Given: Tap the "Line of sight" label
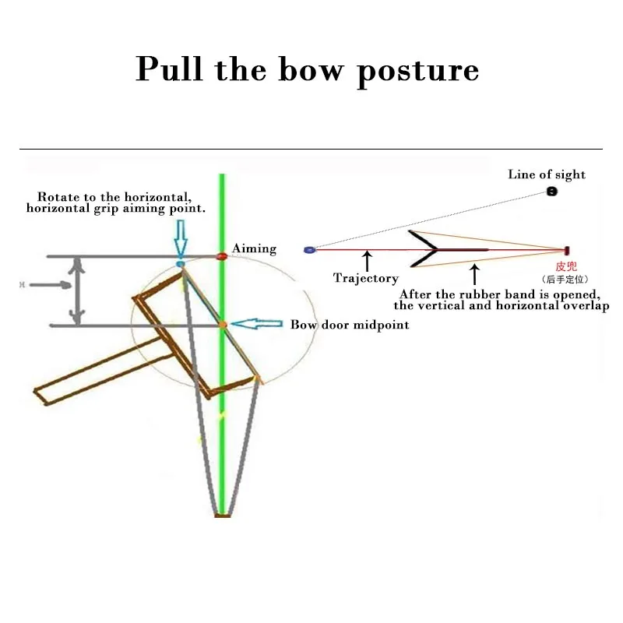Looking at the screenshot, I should (547, 174).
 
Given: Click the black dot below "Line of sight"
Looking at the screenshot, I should (552, 191).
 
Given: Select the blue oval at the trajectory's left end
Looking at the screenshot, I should (309, 250).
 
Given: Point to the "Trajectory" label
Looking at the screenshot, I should (365, 278).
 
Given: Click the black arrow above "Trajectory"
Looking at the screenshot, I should (366, 261).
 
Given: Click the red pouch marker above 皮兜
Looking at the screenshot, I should (566, 250).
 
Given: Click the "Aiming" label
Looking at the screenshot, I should (254, 249).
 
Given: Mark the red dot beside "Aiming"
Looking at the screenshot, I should (221, 255).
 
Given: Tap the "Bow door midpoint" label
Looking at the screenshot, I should (350, 325).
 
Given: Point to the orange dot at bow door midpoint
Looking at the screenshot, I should (222, 324).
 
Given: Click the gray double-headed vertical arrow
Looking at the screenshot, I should (76, 290).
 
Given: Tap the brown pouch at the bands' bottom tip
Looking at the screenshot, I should (223, 514).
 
